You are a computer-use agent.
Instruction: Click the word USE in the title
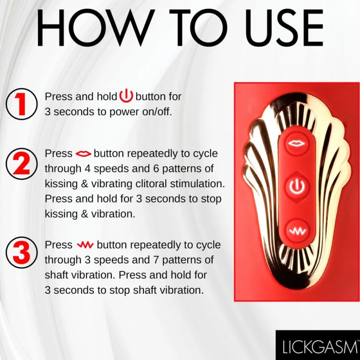(x=284, y=27)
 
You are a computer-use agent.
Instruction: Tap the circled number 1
(x=21, y=104)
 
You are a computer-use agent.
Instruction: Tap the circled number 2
(x=21, y=164)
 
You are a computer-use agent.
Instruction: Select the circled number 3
(x=21, y=252)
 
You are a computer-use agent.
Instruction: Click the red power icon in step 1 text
(x=126, y=96)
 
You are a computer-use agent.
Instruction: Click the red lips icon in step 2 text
(x=84, y=154)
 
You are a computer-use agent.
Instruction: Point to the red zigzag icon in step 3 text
(x=85, y=245)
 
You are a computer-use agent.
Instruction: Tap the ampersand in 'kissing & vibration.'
(x=84, y=214)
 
